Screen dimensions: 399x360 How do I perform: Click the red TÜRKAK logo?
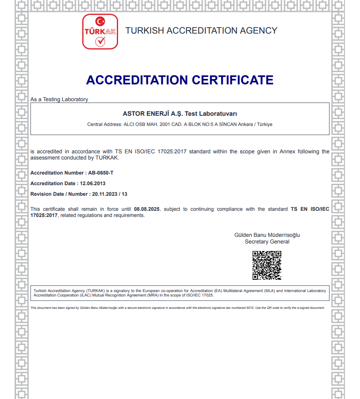(x=100, y=31)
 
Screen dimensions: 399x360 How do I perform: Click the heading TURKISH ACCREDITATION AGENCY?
(x=201, y=30)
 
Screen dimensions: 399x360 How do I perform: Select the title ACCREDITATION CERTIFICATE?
(x=180, y=80)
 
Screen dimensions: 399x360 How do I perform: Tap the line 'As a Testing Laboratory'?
(x=59, y=99)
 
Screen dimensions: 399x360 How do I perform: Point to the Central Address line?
(x=180, y=124)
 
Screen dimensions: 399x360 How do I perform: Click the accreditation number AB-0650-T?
(x=98, y=173)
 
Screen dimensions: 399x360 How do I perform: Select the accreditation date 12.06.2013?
(x=92, y=183)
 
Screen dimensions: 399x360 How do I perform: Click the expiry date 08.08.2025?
(x=147, y=209)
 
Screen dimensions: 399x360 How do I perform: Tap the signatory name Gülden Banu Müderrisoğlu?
(x=267, y=235)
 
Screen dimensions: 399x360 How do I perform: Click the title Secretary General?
(x=267, y=242)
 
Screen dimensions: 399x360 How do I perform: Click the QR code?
(x=267, y=265)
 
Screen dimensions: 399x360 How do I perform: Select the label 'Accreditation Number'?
(x=57, y=173)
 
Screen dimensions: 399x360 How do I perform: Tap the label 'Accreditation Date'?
(x=53, y=183)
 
